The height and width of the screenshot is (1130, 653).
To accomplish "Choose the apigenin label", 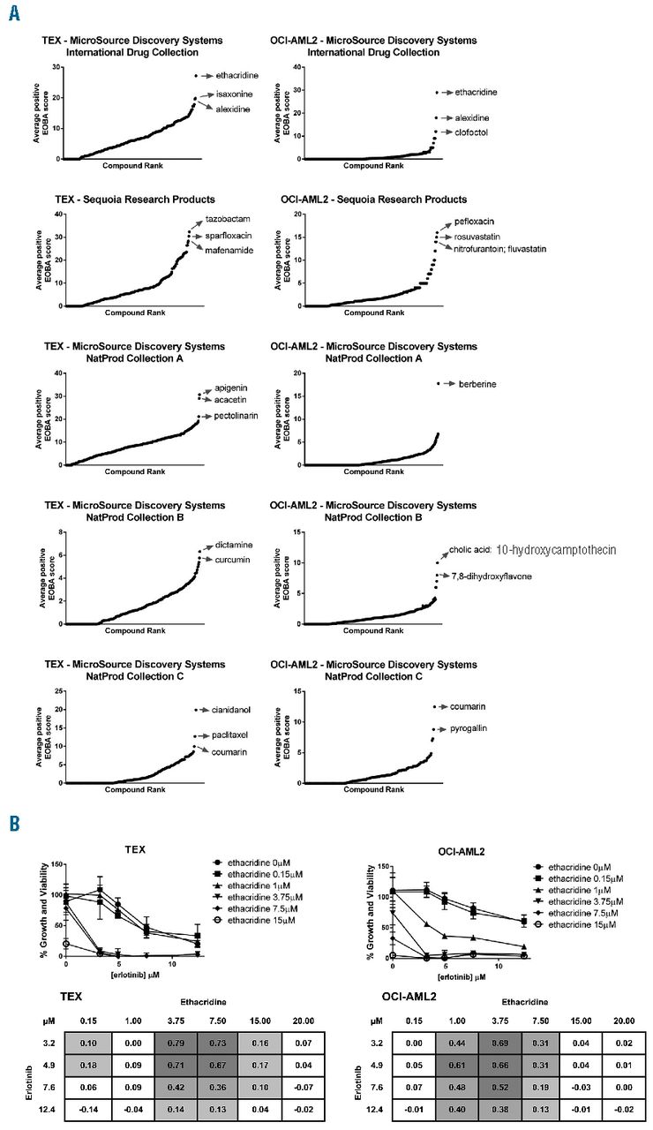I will click(232, 388).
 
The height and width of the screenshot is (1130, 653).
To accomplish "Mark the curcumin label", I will click(233, 560).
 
